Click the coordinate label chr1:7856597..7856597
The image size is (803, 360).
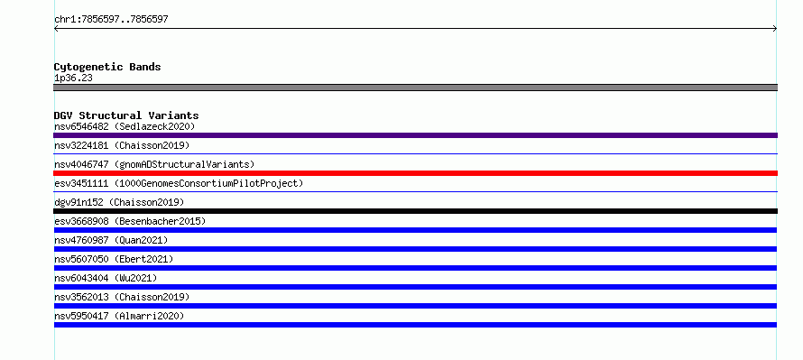click(x=111, y=20)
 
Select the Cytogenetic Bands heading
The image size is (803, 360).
click(x=107, y=67)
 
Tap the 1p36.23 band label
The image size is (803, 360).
click(x=73, y=78)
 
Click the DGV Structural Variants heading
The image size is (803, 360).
click(x=126, y=115)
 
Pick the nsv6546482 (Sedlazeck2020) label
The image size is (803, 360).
click(x=125, y=126)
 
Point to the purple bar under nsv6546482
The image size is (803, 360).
click(x=415, y=135)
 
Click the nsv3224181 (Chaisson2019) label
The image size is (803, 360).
click(x=122, y=145)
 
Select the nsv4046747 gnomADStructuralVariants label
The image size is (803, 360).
click(x=154, y=164)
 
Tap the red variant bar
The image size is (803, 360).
click(x=415, y=173)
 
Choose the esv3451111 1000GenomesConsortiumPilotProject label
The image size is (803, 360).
click(x=179, y=183)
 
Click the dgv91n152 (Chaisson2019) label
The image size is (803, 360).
click(x=119, y=202)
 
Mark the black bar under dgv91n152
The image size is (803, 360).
click(x=415, y=211)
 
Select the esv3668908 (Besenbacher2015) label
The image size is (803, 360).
click(x=130, y=221)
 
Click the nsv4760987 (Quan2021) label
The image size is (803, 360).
click(x=111, y=240)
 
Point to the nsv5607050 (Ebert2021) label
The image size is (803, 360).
click(x=114, y=259)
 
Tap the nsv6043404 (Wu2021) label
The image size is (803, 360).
click(x=106, y=278)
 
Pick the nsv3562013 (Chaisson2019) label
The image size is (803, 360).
click(x=122, y=297)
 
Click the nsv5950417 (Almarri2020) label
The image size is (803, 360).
click(x=119, y=316)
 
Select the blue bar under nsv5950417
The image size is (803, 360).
click(x=415, y=325)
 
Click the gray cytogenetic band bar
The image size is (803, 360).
click(x=415, y=88)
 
